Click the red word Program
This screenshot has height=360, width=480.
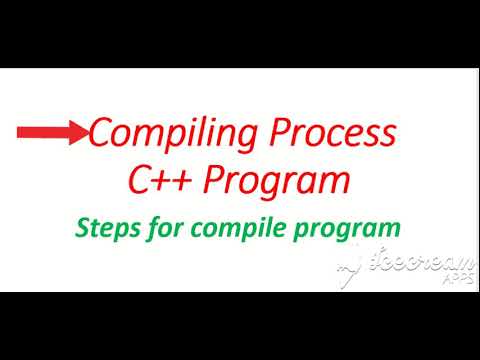tap(279, 183)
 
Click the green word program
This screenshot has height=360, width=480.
tap(351, 229)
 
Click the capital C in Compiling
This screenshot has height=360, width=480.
tap(103, 133)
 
